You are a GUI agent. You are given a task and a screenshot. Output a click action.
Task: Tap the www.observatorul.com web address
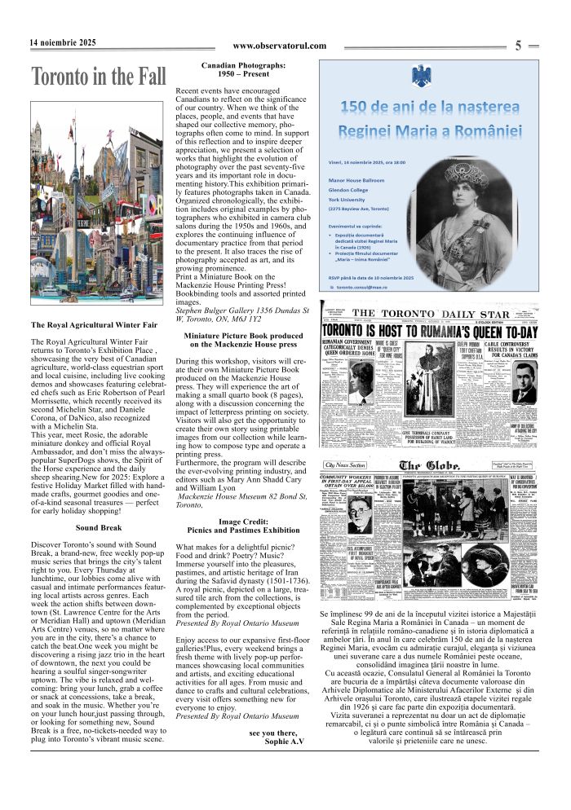click(x=279, y=46)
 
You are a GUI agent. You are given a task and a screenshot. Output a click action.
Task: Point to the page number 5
click(x=519, y=46)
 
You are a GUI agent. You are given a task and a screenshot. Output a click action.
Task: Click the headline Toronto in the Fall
click(x=98, y=77)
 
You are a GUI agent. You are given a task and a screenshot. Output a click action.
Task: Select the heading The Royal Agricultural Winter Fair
click(x=93, y=325)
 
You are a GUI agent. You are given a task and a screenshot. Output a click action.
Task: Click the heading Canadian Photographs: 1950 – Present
click(x=244, y=68)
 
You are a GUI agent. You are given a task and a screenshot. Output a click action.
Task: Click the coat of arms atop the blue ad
click(x=422, y=78)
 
